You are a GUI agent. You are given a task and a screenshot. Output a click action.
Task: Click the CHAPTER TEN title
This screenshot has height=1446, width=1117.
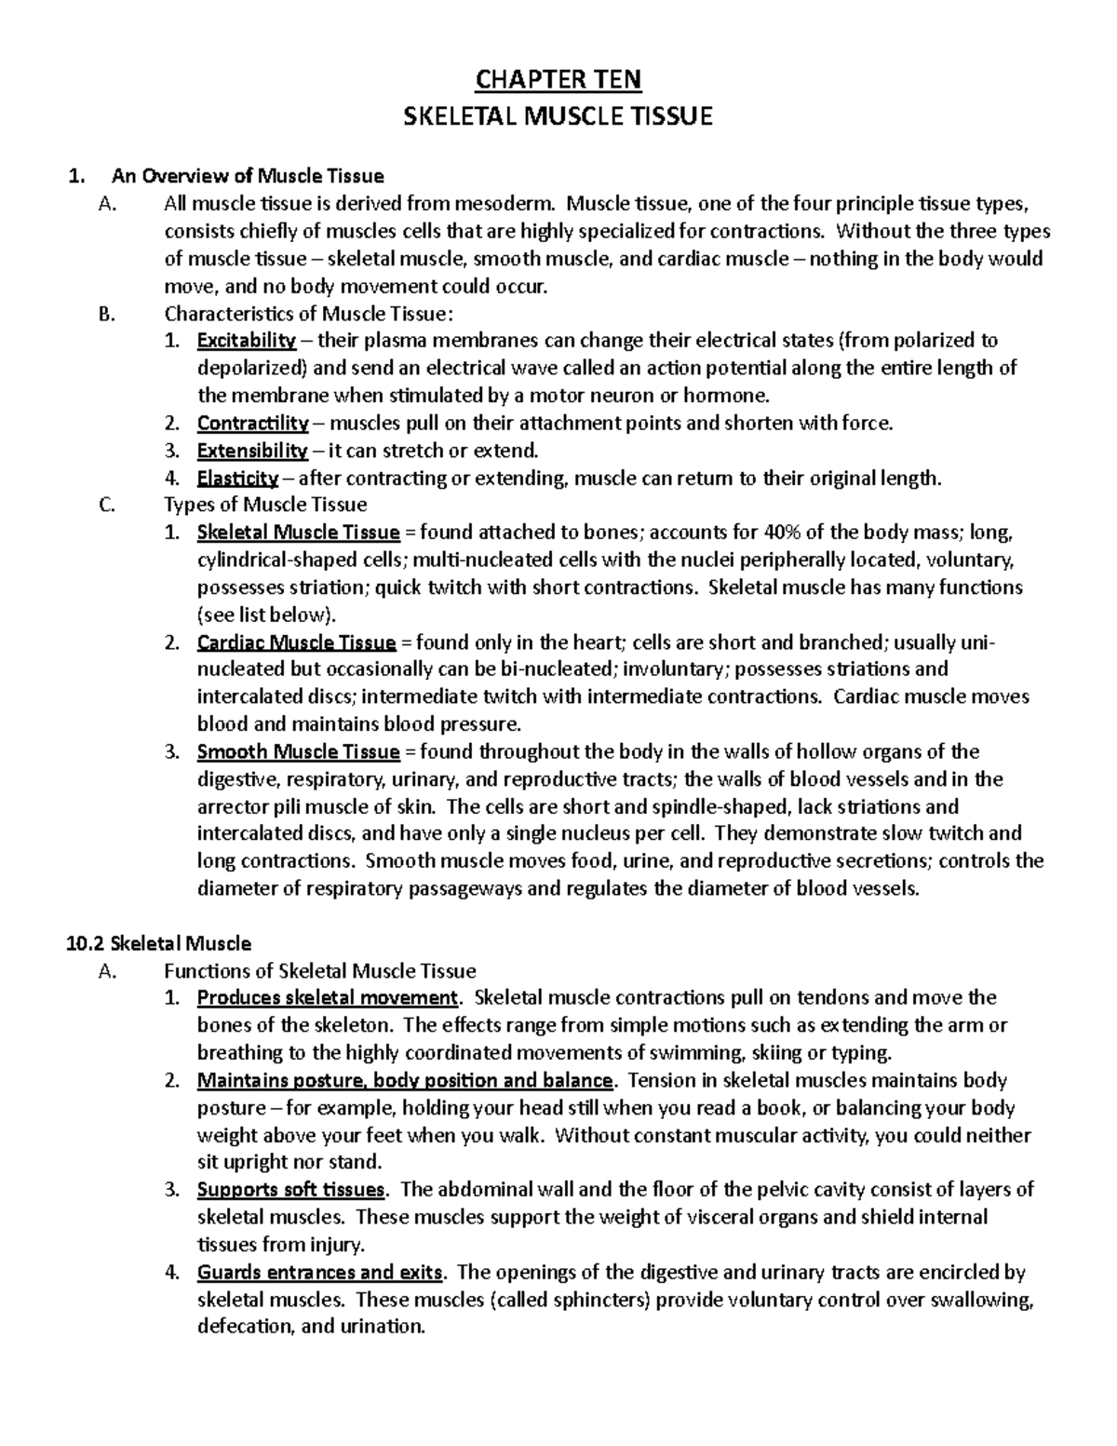(558, 80)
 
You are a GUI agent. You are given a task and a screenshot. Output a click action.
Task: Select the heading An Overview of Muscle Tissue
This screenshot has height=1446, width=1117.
(248, 175)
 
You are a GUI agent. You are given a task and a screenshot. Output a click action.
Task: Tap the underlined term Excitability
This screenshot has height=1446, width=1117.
(247, 341)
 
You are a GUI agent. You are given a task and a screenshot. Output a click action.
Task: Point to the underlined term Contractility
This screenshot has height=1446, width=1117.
(252, 424)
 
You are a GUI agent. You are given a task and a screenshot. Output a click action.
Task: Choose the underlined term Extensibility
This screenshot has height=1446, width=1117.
(252, 451)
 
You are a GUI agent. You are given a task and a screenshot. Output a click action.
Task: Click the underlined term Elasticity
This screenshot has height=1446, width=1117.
(237, 479)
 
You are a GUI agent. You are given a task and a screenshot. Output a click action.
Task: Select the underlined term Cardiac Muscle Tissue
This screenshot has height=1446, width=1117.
(297, 642)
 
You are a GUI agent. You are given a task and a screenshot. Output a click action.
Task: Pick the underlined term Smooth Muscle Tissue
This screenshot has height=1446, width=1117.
(298, 751)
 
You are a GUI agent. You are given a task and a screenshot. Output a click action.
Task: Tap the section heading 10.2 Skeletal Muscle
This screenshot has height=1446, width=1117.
(159, 943)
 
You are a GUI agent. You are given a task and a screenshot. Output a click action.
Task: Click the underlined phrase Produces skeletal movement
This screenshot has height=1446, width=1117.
(328, 998)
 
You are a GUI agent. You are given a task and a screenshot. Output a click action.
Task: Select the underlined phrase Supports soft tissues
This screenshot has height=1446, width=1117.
(290, 1190)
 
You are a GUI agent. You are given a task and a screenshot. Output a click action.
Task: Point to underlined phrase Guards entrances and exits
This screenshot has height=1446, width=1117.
(320, 1272)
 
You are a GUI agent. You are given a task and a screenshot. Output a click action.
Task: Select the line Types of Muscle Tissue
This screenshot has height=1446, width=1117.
(265, 506)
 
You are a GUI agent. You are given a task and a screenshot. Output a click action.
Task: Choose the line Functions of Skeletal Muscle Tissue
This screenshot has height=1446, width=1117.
(319, 971)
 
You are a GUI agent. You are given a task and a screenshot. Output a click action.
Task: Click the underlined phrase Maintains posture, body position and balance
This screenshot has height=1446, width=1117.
(405, 1080)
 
